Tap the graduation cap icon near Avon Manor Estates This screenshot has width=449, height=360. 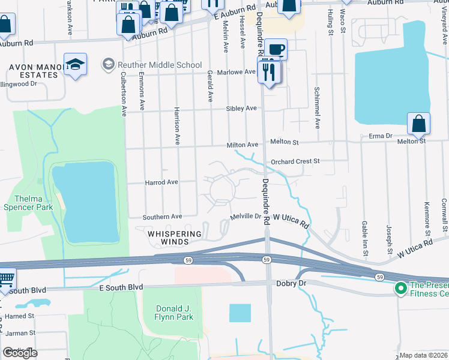tap(75, 64)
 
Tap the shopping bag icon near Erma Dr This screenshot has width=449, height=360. tap(418, 124)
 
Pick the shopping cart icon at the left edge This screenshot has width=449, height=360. tap(6, 280)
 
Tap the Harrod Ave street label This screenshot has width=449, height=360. tap(161, 182)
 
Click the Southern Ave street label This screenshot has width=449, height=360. tap(162, 217)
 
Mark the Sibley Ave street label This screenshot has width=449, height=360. tap(241, 109)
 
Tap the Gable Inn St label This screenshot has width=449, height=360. tap(364, 234)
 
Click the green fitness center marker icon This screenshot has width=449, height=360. tap(400, 289)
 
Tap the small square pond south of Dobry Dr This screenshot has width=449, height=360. tap(240, 313)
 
